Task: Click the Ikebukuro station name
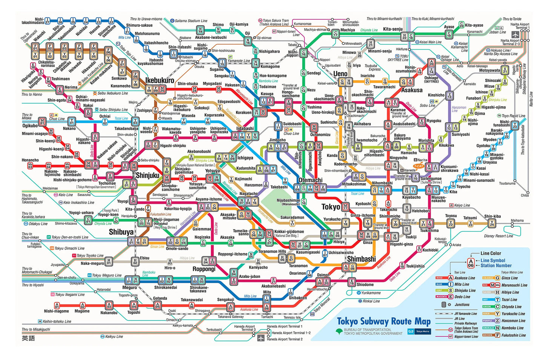coord(160,80)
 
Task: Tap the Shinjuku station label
coord(147,175)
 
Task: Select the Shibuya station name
coord(121,232)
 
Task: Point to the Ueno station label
coord(340,74)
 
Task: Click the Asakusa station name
coord(412,90)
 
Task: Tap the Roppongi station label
coord(204,269)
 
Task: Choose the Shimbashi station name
coord(361,259)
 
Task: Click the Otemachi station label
coord(310,180)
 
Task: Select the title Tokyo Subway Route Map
coord(384,322)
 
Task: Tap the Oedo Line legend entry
coord(462,297)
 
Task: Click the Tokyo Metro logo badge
coord(419,331)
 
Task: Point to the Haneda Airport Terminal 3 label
coord(245,328)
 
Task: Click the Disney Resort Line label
coord(498,236)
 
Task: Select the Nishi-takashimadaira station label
coord(33,21)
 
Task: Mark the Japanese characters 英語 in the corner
coord(28,338)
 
